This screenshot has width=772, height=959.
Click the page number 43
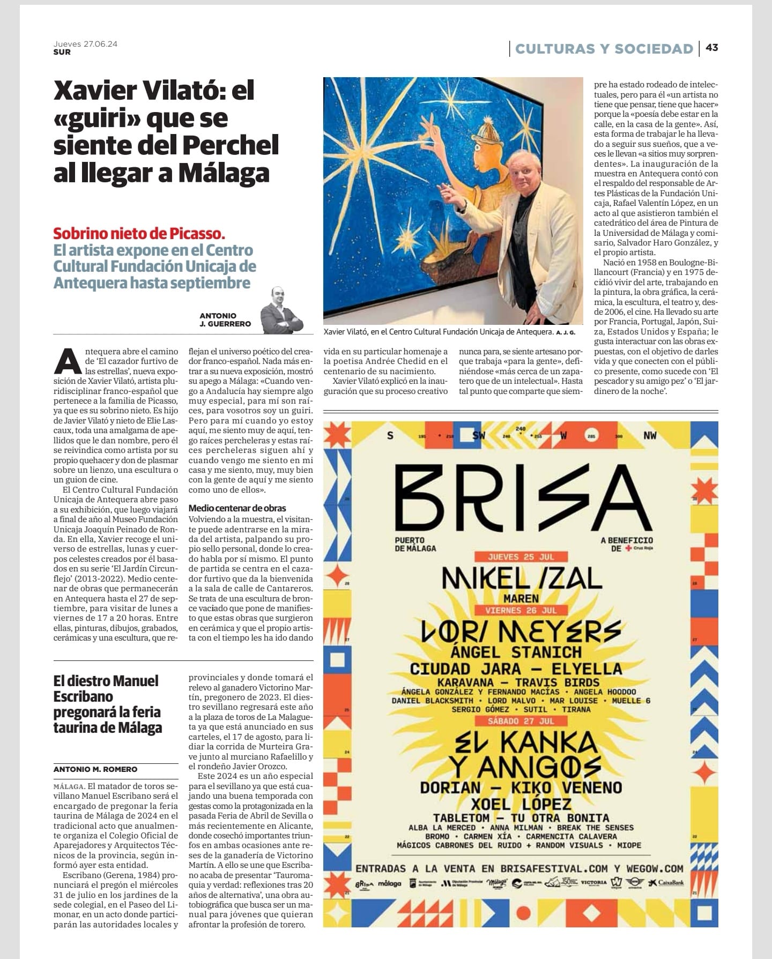tap(711, 48)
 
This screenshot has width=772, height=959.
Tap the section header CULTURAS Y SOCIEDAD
tap(604, 49)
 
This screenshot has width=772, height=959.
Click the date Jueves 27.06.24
tap(85, 44)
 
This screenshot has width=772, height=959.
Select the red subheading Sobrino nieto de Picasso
tap(139, 234)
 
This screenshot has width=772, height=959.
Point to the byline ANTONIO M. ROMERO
tap(95, 769)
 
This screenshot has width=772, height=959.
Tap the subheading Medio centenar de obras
tap(237, 508)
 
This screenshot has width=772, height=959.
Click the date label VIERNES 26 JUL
tap(521, 610)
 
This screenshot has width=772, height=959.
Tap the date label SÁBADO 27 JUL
tap(521, 721)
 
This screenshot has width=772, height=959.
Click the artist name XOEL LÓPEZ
tap(521, 804)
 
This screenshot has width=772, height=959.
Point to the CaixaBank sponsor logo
tap(666, 882)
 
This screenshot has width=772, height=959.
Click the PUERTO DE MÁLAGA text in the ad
tap(415, 544)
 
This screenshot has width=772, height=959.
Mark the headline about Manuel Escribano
tap(107, 704)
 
